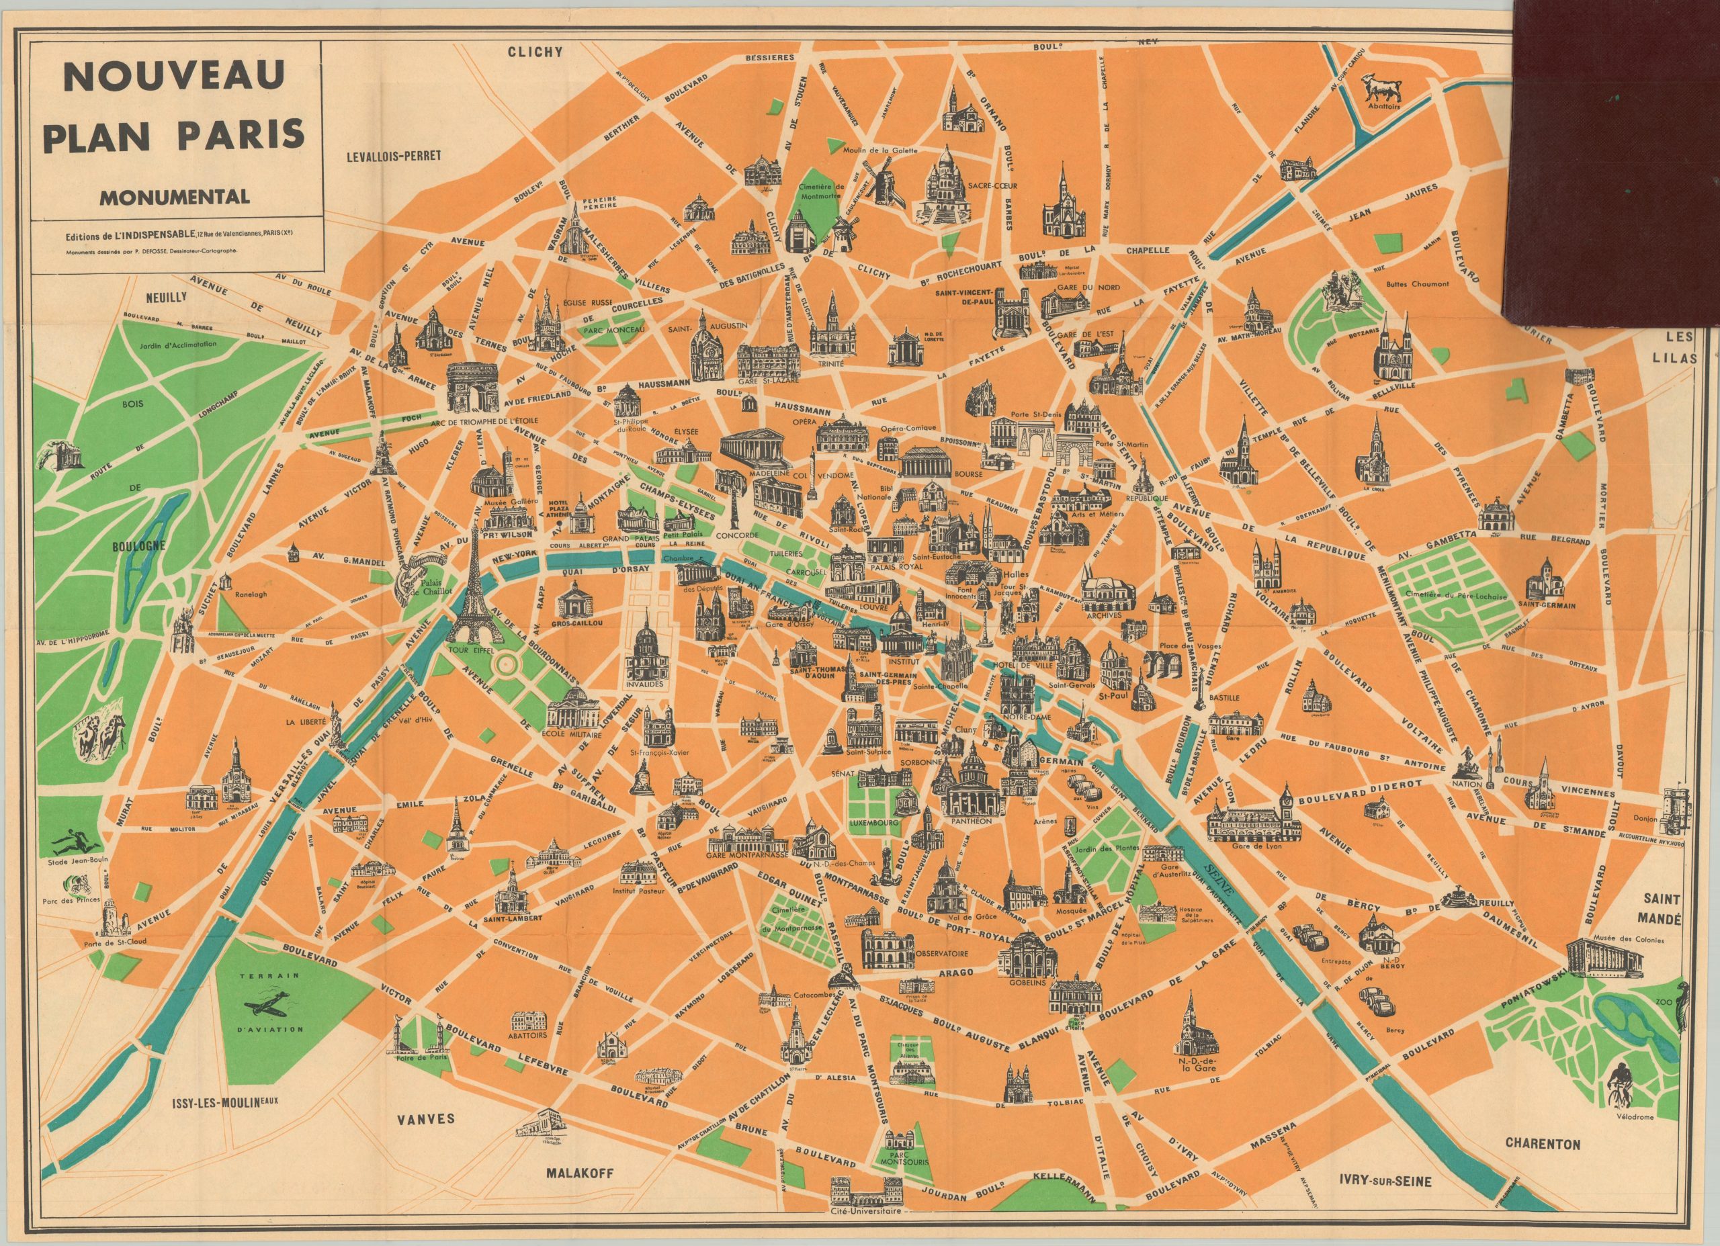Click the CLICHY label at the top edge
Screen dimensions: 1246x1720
(535, 52)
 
